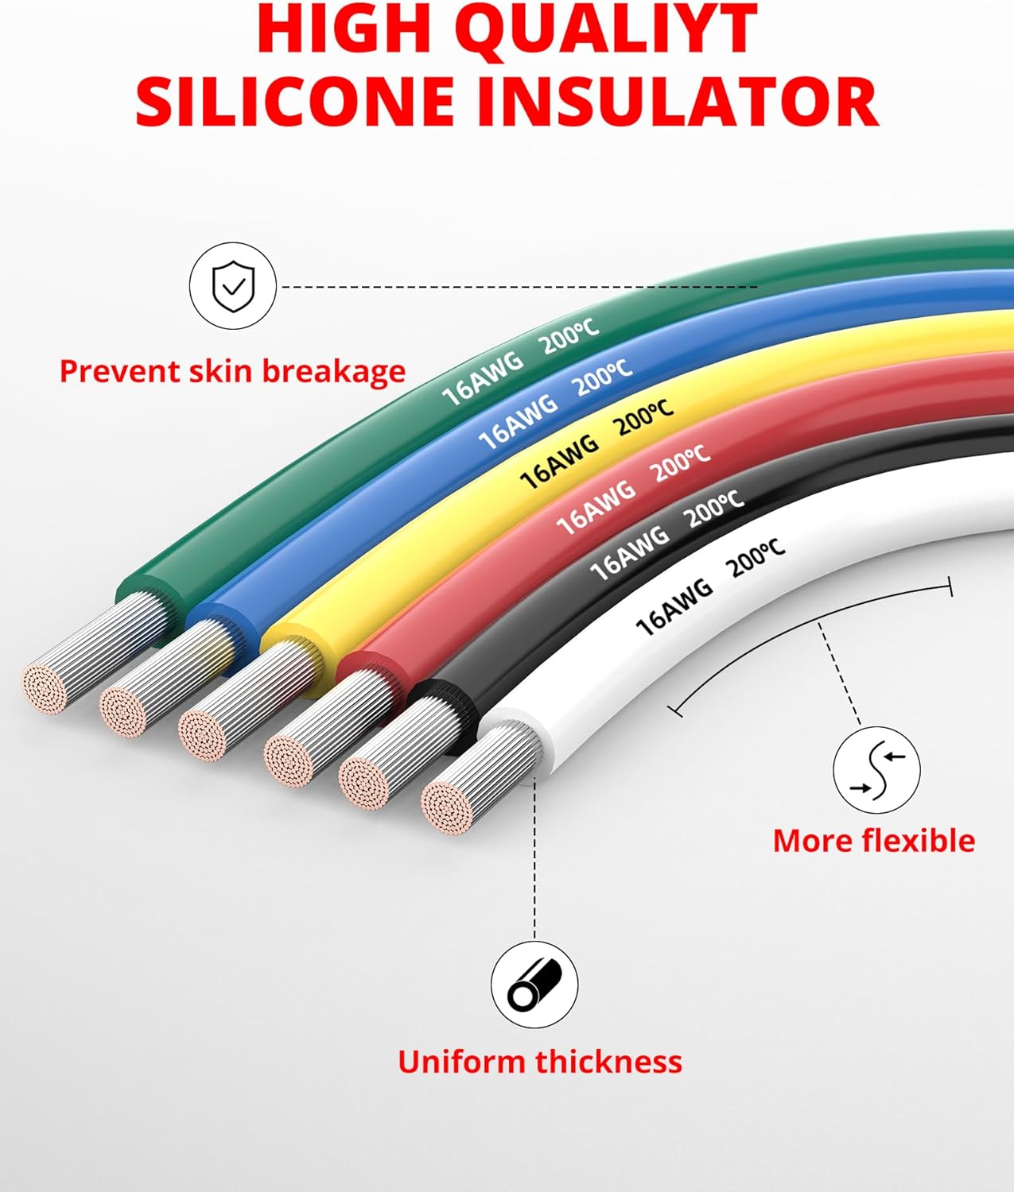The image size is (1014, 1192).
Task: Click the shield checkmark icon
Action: (233, 286)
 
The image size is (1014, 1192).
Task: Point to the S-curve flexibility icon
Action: (876, 771)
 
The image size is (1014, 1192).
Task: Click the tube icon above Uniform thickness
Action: (534, 985)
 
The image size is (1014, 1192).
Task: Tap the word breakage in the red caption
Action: (334, 372)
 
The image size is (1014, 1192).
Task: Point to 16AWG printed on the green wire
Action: (483, 378)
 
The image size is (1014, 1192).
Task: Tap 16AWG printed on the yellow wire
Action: (559, 462)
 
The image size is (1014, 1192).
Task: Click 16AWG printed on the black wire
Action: (630, 552)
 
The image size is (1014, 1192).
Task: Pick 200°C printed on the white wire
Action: (757, 557)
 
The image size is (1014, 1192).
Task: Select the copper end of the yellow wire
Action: (201, 736)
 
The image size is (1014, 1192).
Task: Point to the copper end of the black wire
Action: (363, 784)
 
